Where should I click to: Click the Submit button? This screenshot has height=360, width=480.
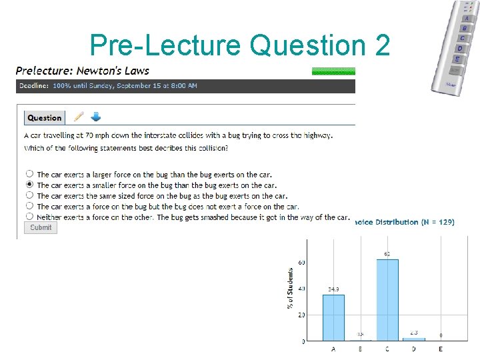[41, 227]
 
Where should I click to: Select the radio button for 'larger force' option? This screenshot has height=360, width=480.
[29, 174]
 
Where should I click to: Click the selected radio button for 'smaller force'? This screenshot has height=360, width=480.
[29, 185]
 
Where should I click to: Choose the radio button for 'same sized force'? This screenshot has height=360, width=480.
[29, 195]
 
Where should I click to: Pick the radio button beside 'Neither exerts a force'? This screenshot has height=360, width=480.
[29, 217]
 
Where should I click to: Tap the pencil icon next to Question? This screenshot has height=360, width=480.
[79, 117]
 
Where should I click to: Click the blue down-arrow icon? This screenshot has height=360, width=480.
[95, 117]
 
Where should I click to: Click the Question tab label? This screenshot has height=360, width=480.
[45, 118]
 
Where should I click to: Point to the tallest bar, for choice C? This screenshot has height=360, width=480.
[387, 299]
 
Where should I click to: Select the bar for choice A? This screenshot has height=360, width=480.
[333, 317]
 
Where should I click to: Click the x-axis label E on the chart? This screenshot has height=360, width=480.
[441, 349]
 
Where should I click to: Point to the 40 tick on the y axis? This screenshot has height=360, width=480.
[301, 289]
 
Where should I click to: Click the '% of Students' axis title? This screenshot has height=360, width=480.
[291, 289]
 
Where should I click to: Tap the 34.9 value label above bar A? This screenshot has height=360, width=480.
[334, 289]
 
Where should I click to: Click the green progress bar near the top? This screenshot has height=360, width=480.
[333, 71]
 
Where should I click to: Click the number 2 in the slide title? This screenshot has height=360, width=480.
[382, 45]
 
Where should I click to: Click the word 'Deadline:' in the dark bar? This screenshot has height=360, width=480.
[33, 86]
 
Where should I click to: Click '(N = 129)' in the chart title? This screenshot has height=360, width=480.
[438, 222]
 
